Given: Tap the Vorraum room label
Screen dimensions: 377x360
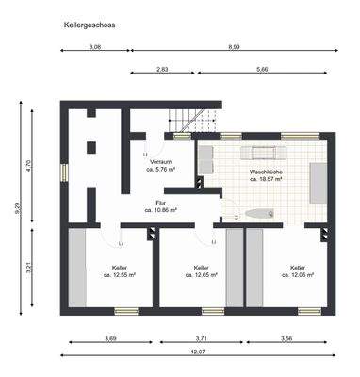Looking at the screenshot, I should [160, 165].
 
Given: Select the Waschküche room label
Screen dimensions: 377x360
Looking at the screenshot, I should [268, 174].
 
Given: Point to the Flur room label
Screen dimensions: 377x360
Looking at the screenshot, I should [161, 205].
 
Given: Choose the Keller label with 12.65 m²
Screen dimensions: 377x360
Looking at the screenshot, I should [201, 271].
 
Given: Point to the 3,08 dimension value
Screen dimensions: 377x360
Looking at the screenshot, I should [95, 46].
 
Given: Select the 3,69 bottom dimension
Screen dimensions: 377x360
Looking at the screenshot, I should [110, 337].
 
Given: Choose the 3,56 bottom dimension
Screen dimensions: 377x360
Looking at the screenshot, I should [287, 337].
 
